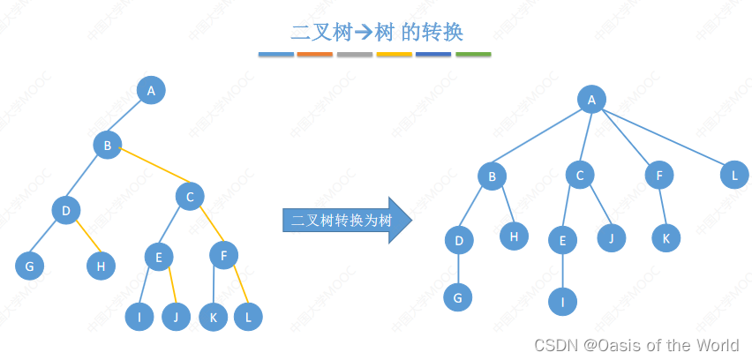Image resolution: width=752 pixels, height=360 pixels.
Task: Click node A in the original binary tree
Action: coord(151,90)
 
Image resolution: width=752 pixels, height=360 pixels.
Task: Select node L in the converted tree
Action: coord(733,176)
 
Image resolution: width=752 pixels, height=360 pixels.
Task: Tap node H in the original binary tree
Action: coord(101,266)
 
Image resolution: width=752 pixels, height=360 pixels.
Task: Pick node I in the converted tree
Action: coord(562,301)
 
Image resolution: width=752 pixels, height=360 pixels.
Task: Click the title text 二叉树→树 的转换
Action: coord(377,32)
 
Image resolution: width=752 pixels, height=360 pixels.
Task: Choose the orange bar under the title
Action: coord(315,55)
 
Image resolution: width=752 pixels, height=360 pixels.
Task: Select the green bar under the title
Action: coord(473,55)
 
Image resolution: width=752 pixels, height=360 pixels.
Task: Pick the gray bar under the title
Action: coord(355,55)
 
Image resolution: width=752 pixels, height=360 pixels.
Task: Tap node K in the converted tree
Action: coord(666,237)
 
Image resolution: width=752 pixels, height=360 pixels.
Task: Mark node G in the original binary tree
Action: coord(30,266)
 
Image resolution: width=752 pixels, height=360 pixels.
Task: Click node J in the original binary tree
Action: coord(177,317)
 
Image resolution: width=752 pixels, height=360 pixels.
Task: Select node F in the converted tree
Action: coord(658,176)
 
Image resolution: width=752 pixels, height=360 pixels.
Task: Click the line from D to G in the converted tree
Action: coord(459,268)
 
